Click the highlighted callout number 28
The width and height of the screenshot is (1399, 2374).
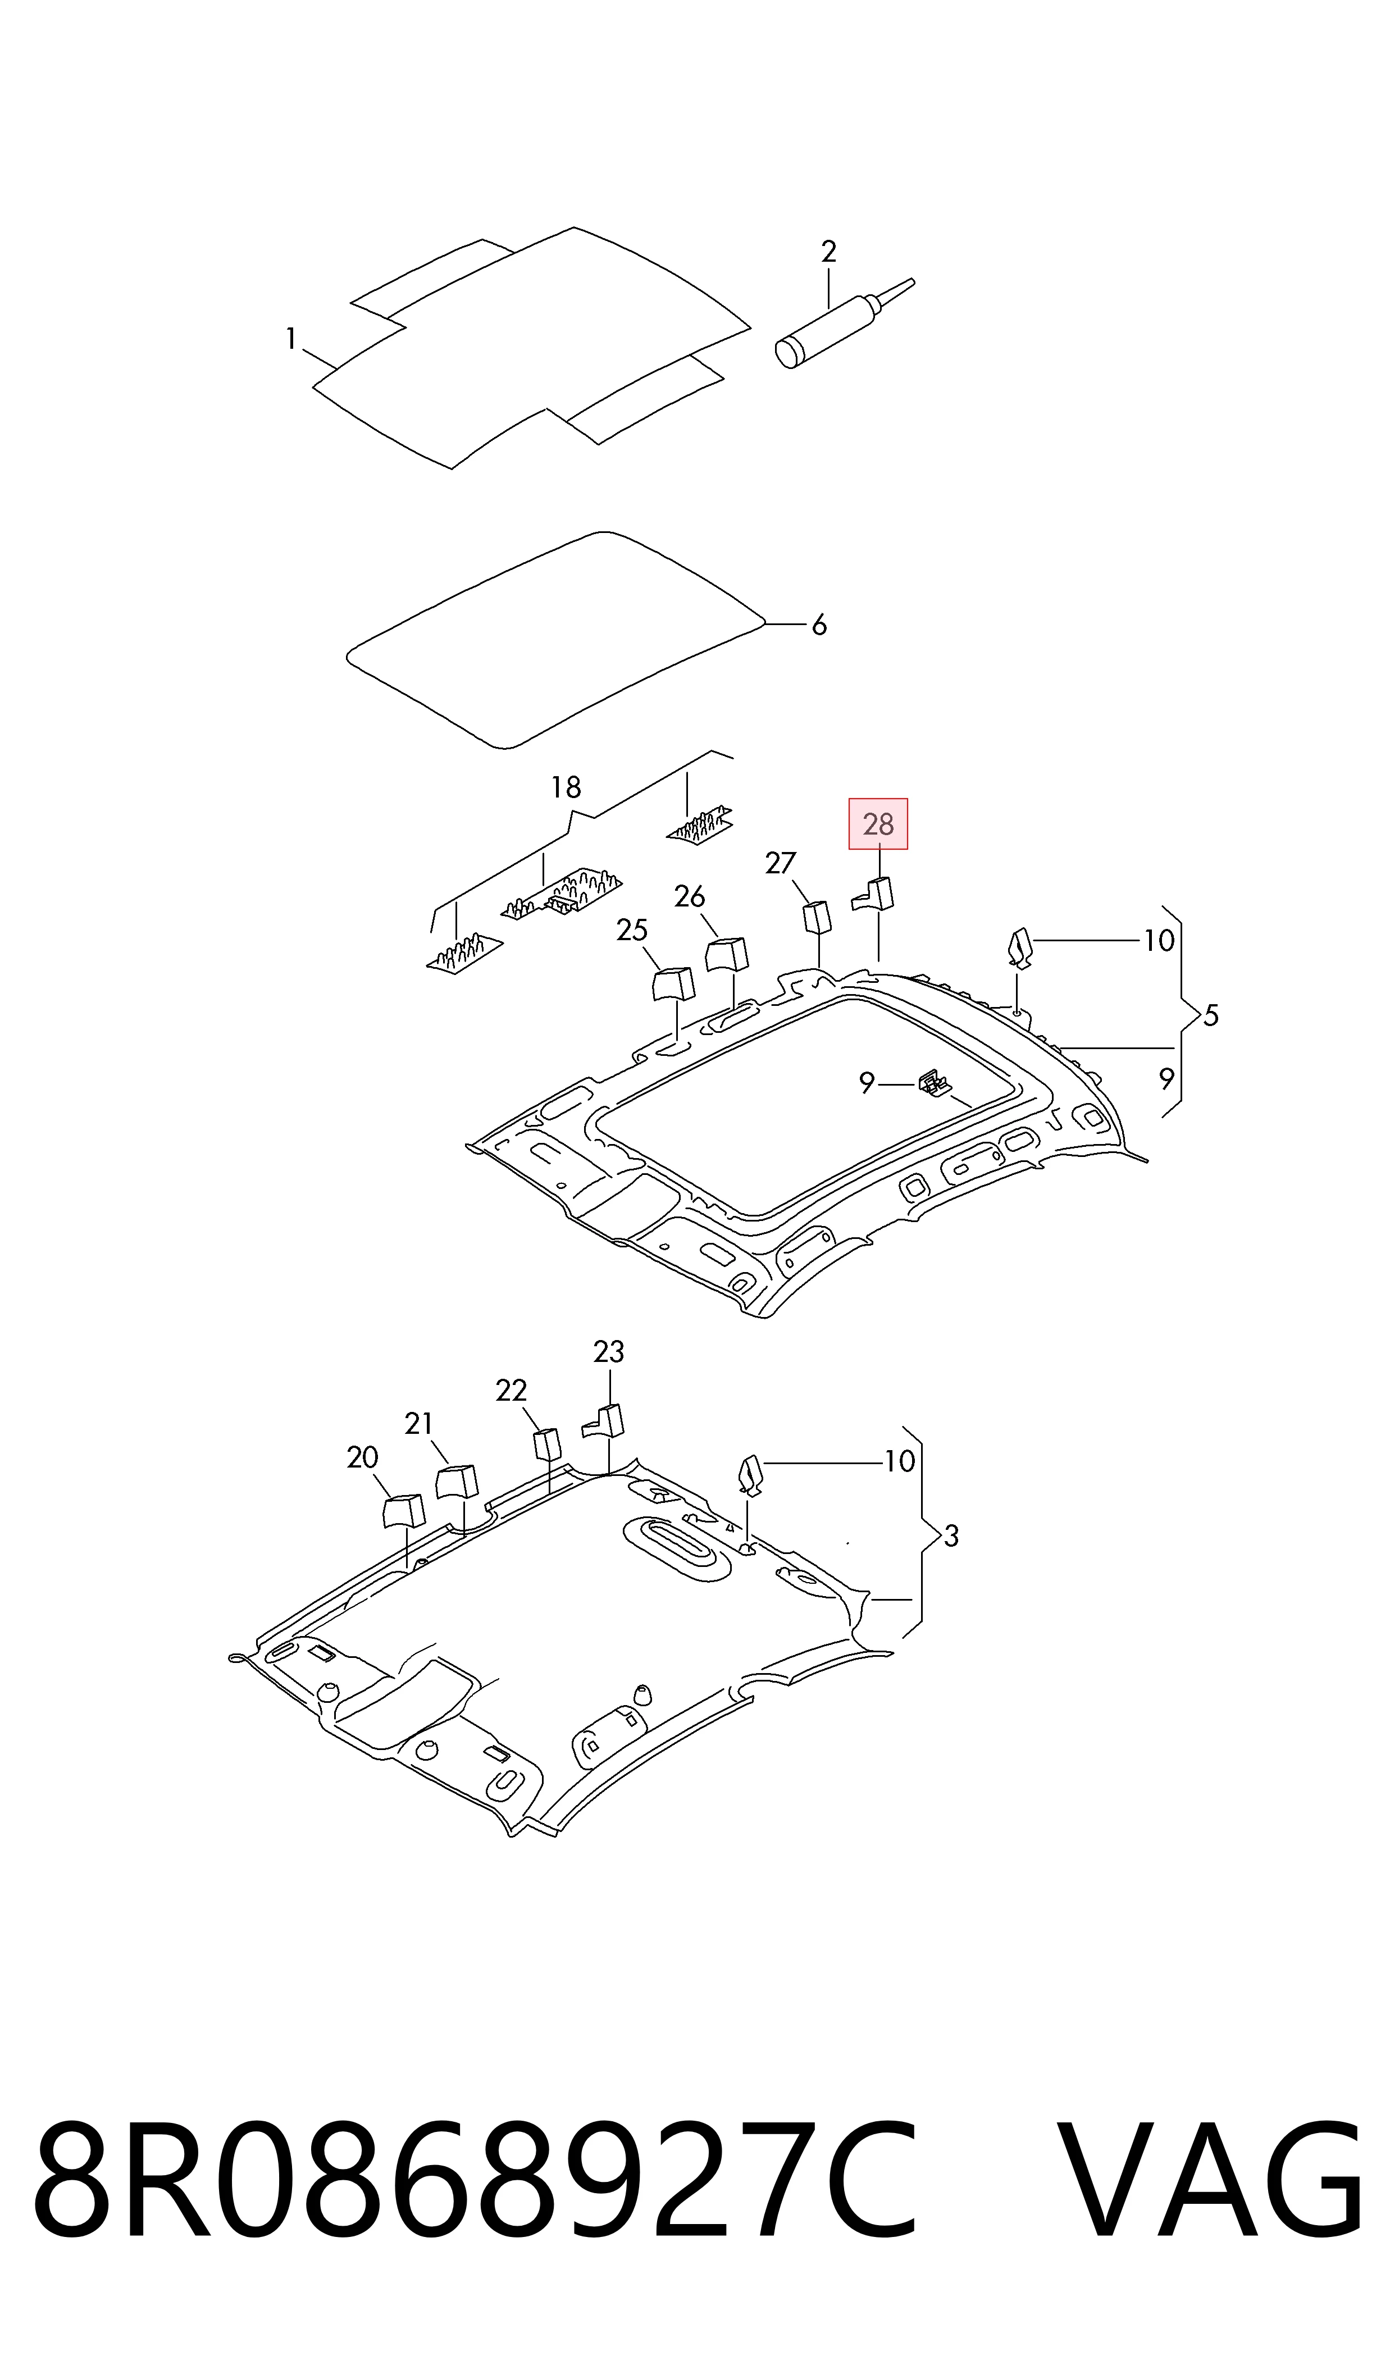click(878, 824)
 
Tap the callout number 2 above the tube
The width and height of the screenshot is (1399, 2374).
click(828, 252)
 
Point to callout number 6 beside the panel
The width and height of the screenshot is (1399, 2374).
click(819, 625)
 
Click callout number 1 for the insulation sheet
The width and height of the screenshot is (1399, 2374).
click(291, 338)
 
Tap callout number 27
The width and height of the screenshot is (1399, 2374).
click(781, 863)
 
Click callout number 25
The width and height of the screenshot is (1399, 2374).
click(632, 930)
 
